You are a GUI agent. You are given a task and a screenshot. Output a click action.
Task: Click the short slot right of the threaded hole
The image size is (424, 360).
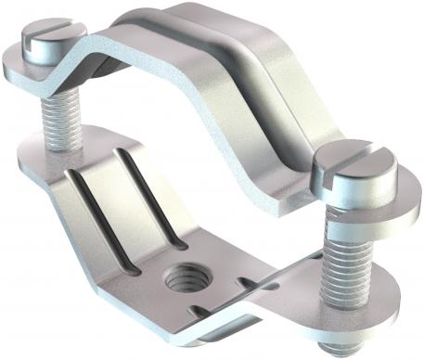coord(246,281)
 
